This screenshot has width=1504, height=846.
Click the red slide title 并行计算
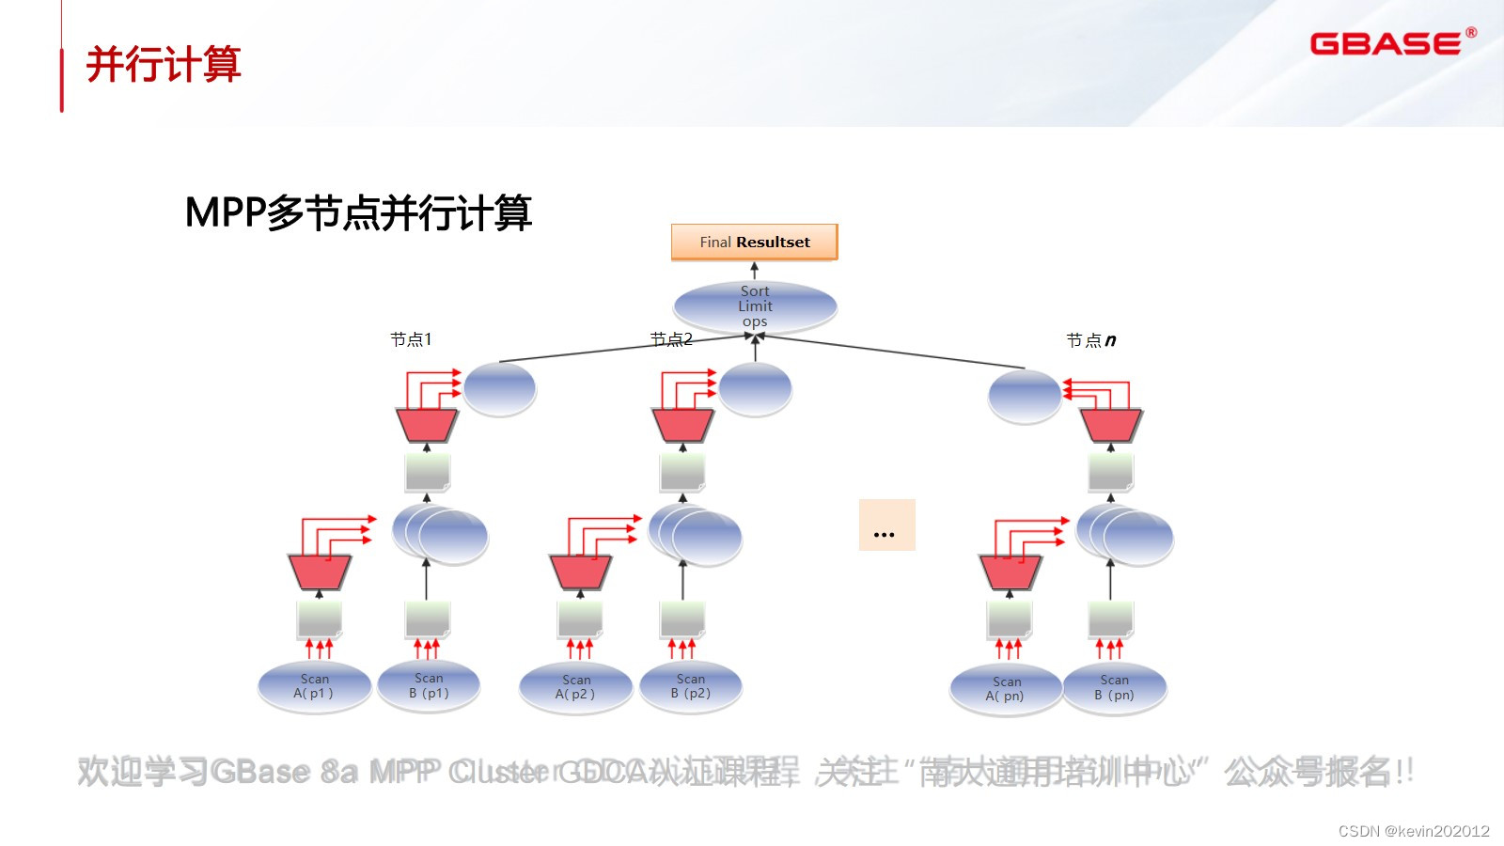(x=164, y=65)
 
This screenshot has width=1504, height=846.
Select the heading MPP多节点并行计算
(x=358, y=213)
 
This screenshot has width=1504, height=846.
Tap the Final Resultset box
(x=754, y=242)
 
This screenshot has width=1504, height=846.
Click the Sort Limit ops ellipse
(x=755, y=306)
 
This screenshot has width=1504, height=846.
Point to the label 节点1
(x=411, y=339)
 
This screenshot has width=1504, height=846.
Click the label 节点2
(x=671, y=339)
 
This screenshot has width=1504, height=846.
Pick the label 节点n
(x=1090, y=340)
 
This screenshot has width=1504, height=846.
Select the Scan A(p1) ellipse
(x=314, y=687)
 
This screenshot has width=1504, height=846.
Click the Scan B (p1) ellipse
(x=429, y=686)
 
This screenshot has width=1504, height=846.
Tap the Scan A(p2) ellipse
(x=575, y=688)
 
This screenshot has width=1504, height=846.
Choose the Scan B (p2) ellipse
(x=691, y=687)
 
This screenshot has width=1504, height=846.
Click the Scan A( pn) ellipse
(x=1006, y=690)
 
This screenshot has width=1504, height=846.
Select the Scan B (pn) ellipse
(x=1115, y=688)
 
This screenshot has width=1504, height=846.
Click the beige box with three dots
(x=886, y=525)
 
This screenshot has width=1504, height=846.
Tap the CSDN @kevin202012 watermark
(x=1413, y=831)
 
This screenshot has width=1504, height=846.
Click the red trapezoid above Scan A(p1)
(x=320, y=571)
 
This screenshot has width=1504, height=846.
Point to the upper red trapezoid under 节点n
(x=1111, y=425)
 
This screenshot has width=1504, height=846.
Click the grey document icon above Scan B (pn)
(x=1110, y=619)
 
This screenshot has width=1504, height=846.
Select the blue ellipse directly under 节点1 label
(x=499, y=389)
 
